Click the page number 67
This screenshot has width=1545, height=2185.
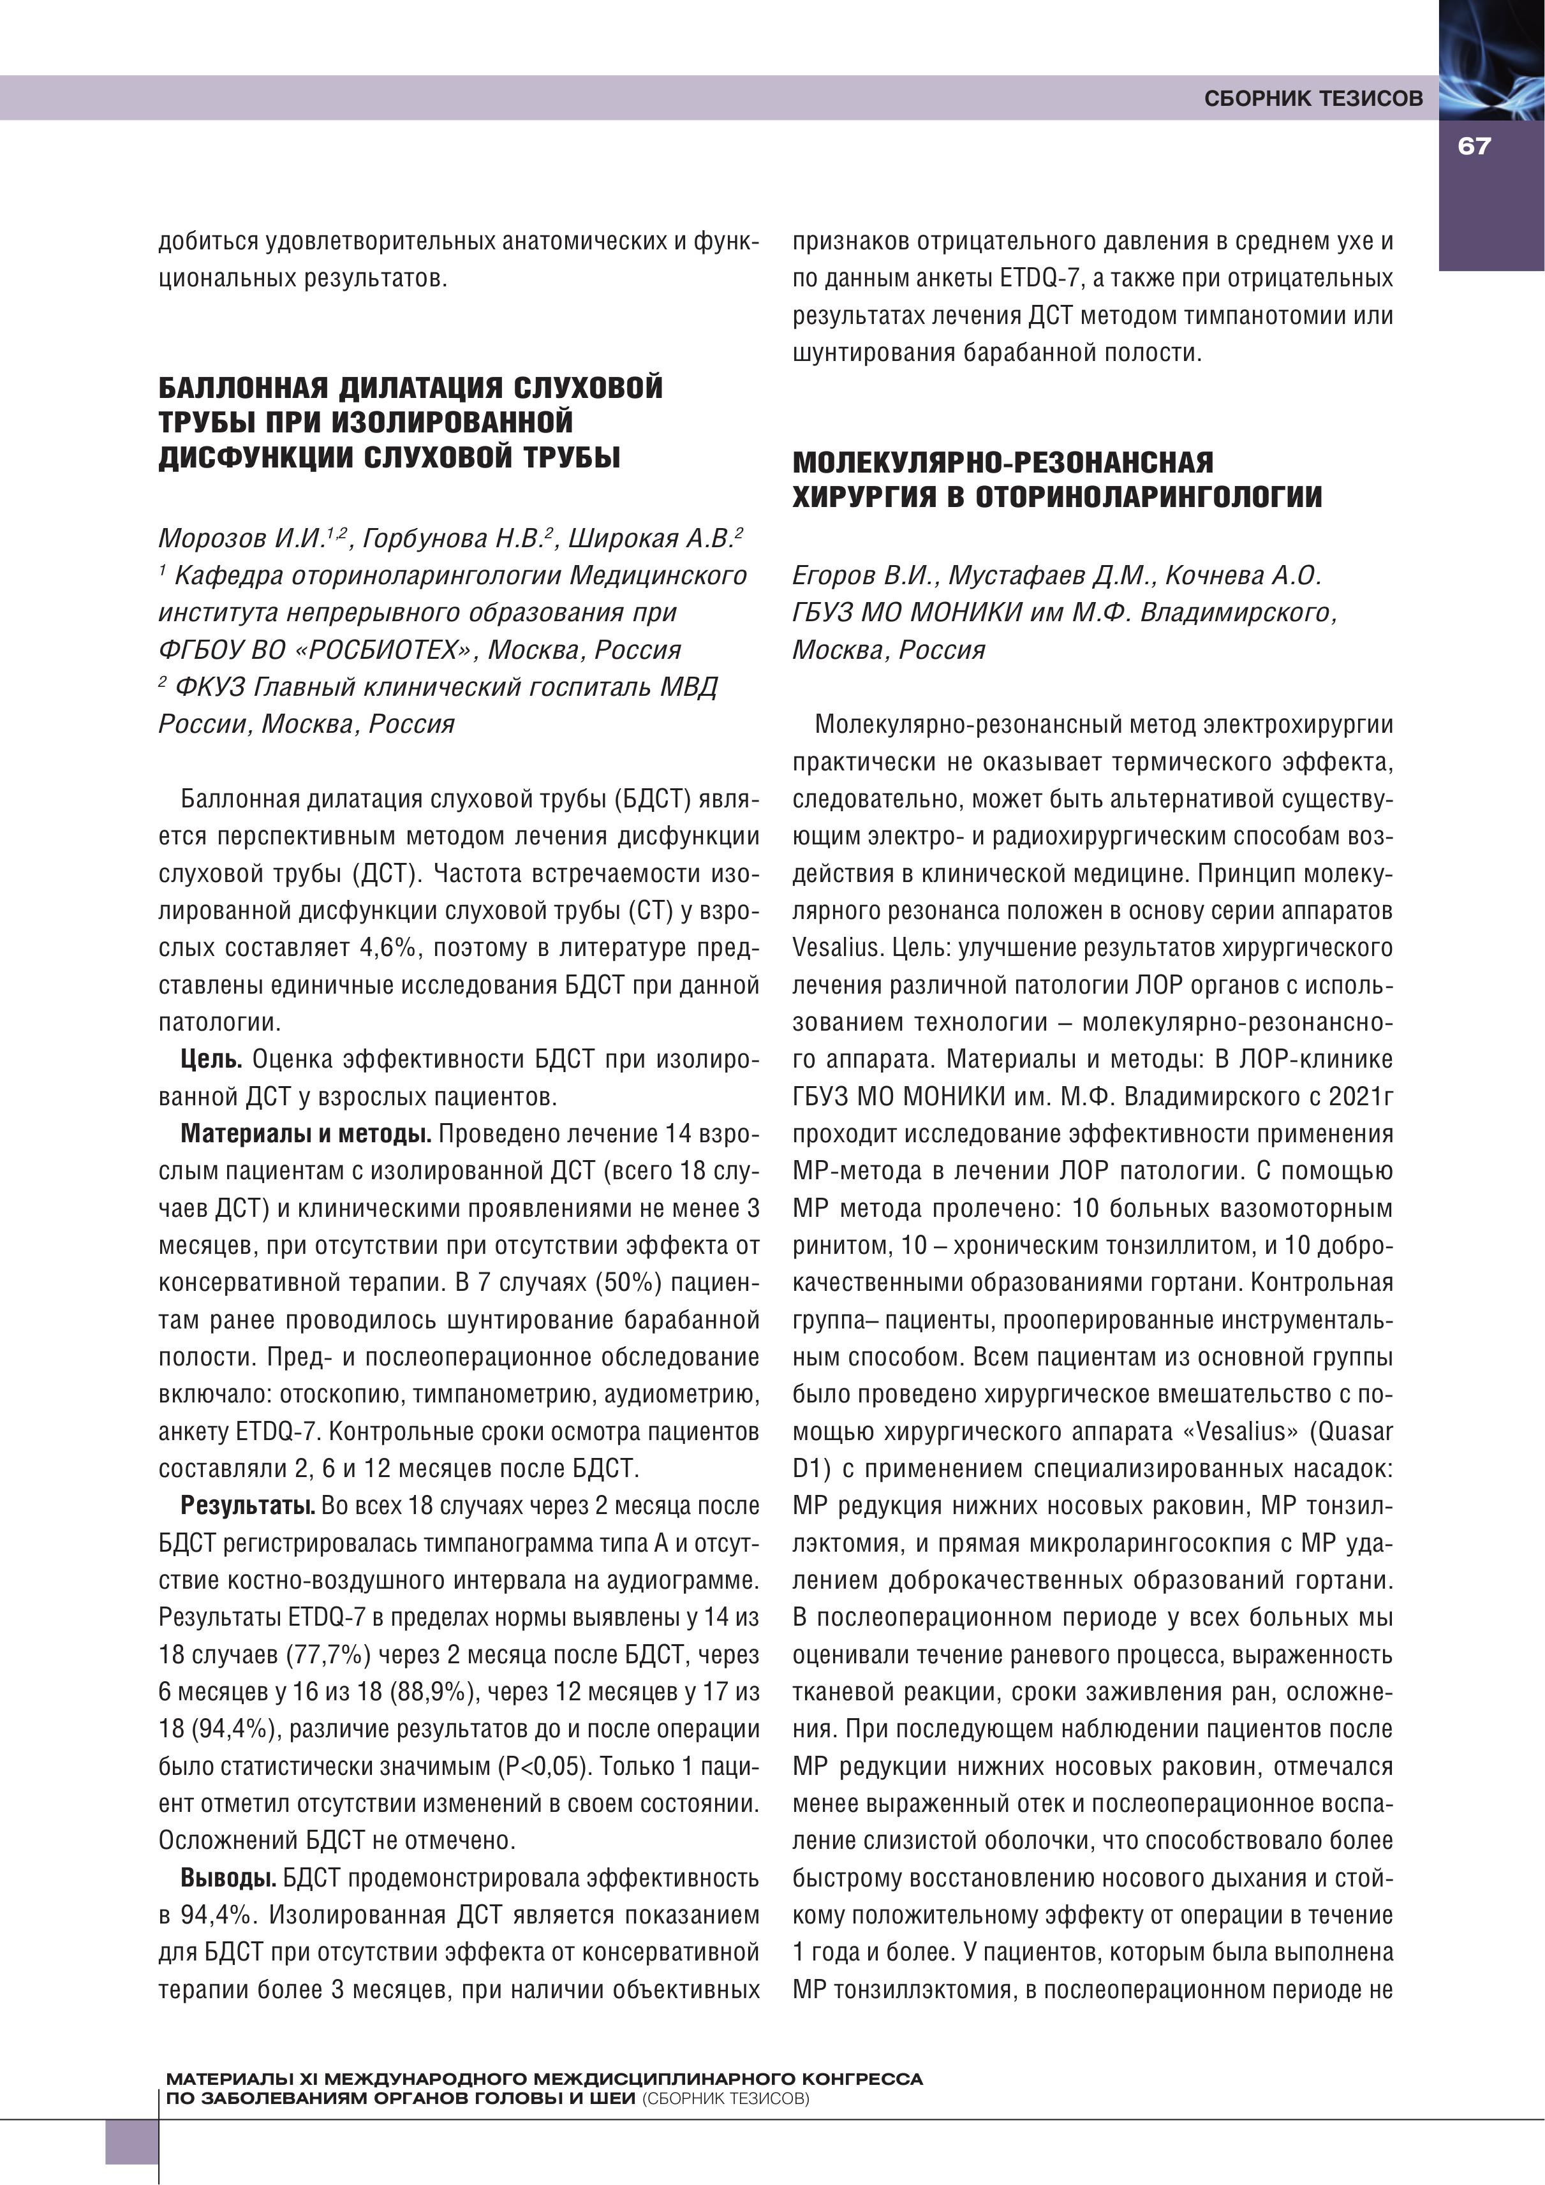pos(1473,147)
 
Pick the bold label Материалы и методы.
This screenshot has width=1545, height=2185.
pos(306,1133)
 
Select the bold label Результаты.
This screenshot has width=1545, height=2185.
pos(248,1506)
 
